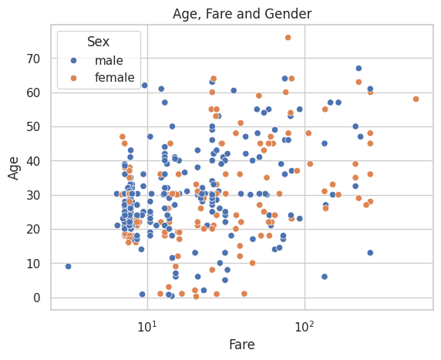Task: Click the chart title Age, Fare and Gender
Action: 242,14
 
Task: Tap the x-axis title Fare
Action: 242,345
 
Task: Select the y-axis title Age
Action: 13,168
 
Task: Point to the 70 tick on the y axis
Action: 33,59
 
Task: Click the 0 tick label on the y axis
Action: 37,298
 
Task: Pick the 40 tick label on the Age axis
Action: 33,161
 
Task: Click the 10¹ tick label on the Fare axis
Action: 147,326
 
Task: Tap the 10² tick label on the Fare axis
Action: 305,326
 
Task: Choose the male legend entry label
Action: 109,60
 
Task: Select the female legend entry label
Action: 114,77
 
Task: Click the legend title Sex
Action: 98,42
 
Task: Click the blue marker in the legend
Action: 74,60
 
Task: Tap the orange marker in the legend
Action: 74,78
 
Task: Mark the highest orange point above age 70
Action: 288,38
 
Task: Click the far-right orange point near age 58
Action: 416,99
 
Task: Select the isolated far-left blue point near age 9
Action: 68,267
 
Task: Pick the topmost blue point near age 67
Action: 359,69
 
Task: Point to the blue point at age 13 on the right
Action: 370,253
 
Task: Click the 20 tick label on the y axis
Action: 33,230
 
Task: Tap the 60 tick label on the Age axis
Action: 33,93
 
